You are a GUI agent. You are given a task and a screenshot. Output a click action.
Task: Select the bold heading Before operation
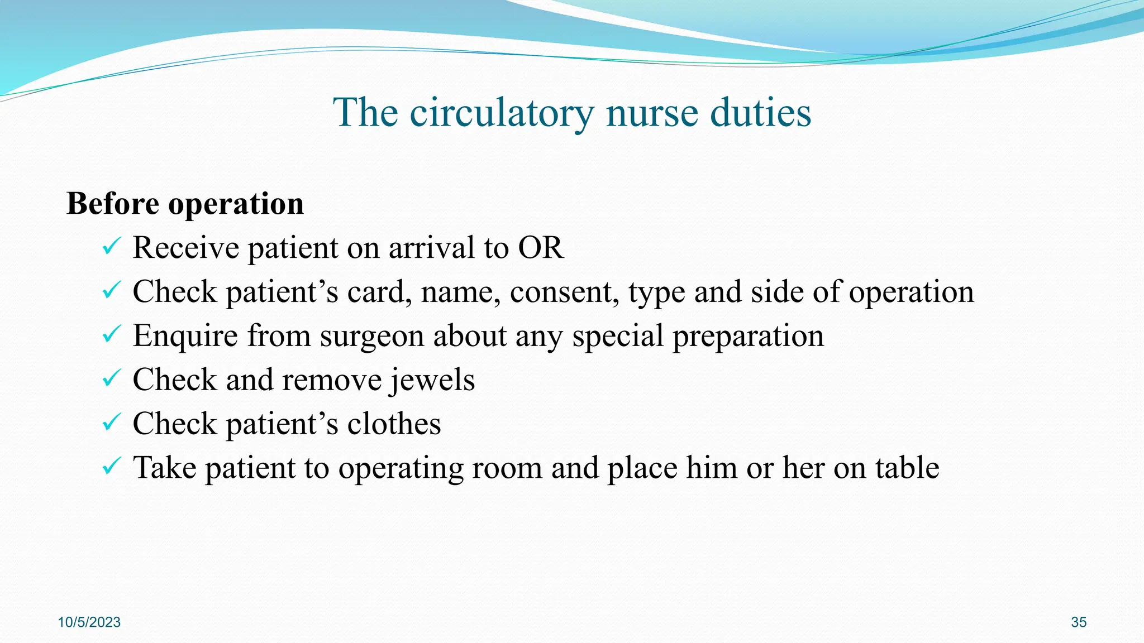click(x=185, y=203)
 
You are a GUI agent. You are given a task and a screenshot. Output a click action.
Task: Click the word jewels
click(x=432, y=381)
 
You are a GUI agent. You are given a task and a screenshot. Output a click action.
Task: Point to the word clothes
click(x=394, y=424)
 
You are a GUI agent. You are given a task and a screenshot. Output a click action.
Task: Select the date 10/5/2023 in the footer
click(x=89, y=622)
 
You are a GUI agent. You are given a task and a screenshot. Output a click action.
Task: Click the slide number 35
click(x=1079, y=622)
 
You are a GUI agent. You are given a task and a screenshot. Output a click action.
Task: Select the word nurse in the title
click(x=652, y=113)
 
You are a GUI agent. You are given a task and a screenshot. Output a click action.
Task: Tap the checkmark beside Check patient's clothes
click(x=112, y=422)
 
